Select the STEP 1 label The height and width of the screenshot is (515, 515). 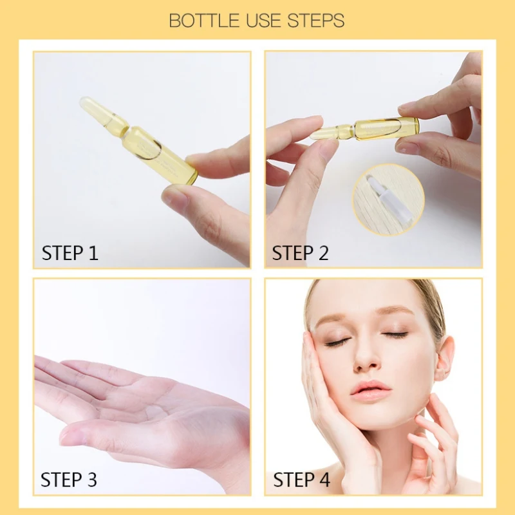coord(70,253)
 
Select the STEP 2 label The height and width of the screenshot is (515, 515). coord(301,253)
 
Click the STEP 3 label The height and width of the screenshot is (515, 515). coord(69,480)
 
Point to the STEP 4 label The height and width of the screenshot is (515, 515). coord(302,480)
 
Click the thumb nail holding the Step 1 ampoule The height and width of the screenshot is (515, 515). coord(174,194)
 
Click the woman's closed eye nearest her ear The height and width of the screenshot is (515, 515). coord(395,335)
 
